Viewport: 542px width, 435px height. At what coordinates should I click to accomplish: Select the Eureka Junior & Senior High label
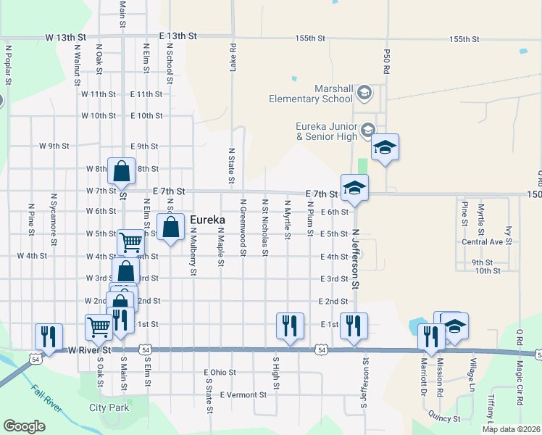pos(327,130)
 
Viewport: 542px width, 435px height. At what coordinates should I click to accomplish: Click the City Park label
pos(109,407)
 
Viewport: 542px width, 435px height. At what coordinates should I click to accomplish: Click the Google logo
pos(24,426)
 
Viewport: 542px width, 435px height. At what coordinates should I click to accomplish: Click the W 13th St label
pos(65,36)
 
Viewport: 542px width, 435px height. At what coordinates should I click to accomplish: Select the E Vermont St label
pos(243,395)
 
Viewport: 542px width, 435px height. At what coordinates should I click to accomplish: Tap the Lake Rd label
pos(233,58)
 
